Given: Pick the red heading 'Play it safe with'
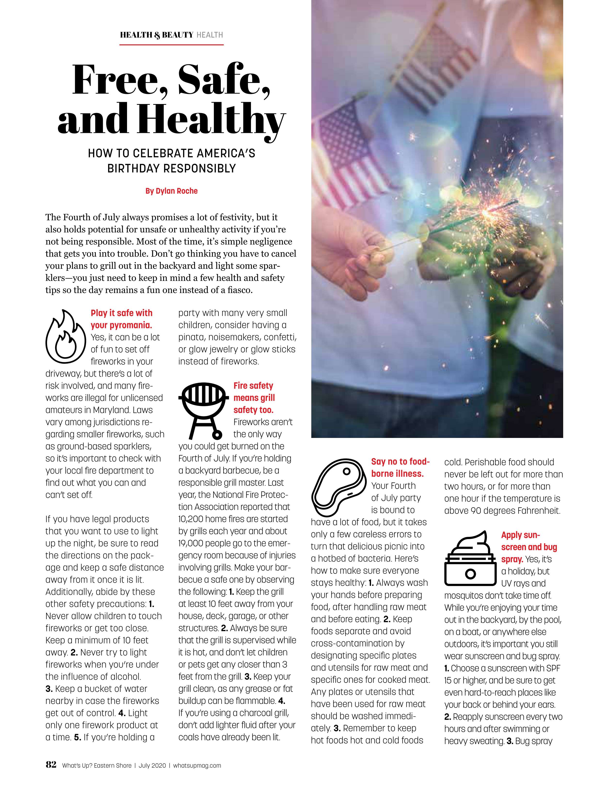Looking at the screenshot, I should (x=121, y=313).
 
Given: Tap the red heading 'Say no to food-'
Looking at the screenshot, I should (x=400, y=461).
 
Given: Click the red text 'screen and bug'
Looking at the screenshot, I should (x=529, y=547).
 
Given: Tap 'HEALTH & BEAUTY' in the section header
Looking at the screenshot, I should (x=156, y=35).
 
